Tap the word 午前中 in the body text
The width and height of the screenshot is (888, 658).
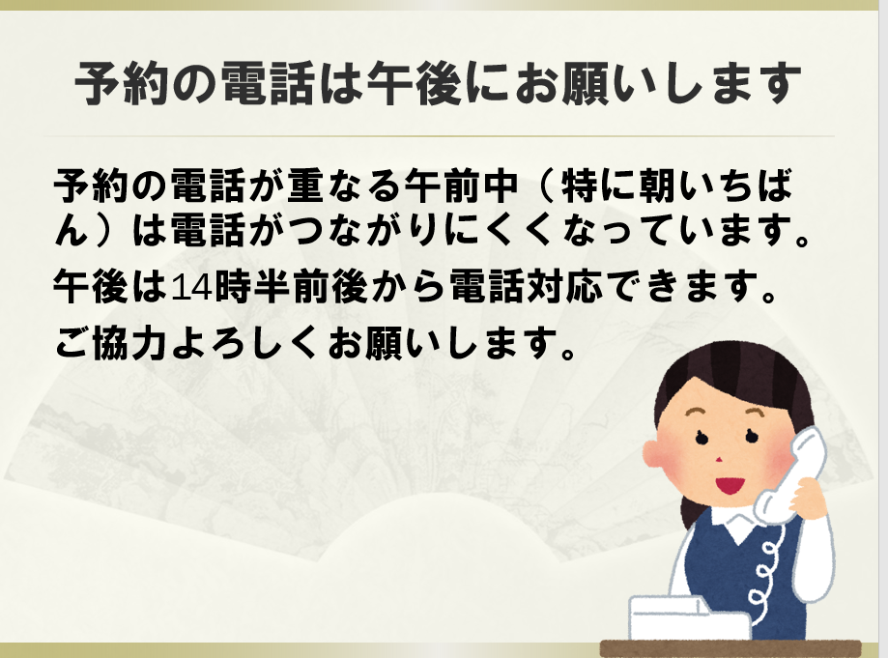pos(462,186)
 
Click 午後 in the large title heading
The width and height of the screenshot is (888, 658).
pos(414,84)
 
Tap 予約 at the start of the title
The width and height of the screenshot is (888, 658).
pos(122,84)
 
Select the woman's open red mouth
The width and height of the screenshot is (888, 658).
pos(730,485)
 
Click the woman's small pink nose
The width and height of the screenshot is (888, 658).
pos(719,458)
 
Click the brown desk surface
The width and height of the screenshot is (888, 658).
pos(730,648)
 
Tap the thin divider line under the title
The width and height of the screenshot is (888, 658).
pos(439,136)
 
